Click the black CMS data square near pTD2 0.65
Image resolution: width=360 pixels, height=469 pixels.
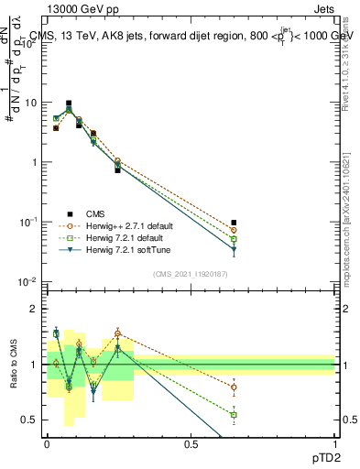[235, 223]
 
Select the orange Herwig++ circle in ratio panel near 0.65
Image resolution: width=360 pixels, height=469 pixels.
[235, 387]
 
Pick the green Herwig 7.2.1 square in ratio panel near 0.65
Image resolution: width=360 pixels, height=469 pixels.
[235, 415]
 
